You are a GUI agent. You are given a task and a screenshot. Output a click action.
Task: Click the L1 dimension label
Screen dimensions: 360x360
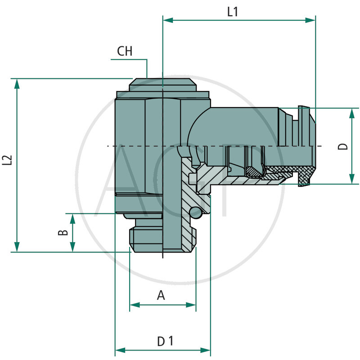point(232,12)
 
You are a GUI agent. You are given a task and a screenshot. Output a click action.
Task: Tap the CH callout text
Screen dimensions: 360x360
point(125,51)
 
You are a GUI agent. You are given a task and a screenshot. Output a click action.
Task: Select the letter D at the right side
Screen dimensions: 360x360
point(343,146)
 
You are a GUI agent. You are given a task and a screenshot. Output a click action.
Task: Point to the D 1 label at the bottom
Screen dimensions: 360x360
point(165,342)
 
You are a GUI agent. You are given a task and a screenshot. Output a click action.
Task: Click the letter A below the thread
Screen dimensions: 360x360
point(161,296)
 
